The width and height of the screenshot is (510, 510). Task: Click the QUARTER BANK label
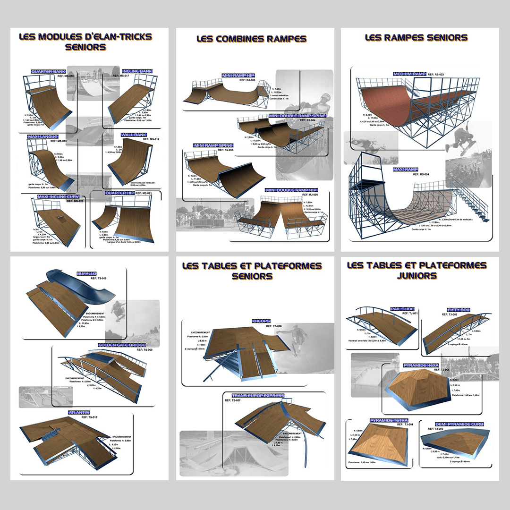pyautogui.click(x=48, y=72)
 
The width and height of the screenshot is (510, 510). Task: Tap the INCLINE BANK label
pyautogui.click(x=137, y=71)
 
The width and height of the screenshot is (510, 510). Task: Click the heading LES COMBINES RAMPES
pyautogui.click(x=251, y=39)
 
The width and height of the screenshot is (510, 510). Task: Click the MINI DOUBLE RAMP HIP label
pyautogui.click(x=291, y=190)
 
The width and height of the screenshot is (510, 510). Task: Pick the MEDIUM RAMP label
pyautogui.click(x=409, y=74)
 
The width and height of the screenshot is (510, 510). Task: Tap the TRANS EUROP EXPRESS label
pyautogui.click(x=258, y=395)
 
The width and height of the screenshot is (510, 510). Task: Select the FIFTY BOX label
pyautogui.click(x=459, y=310)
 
